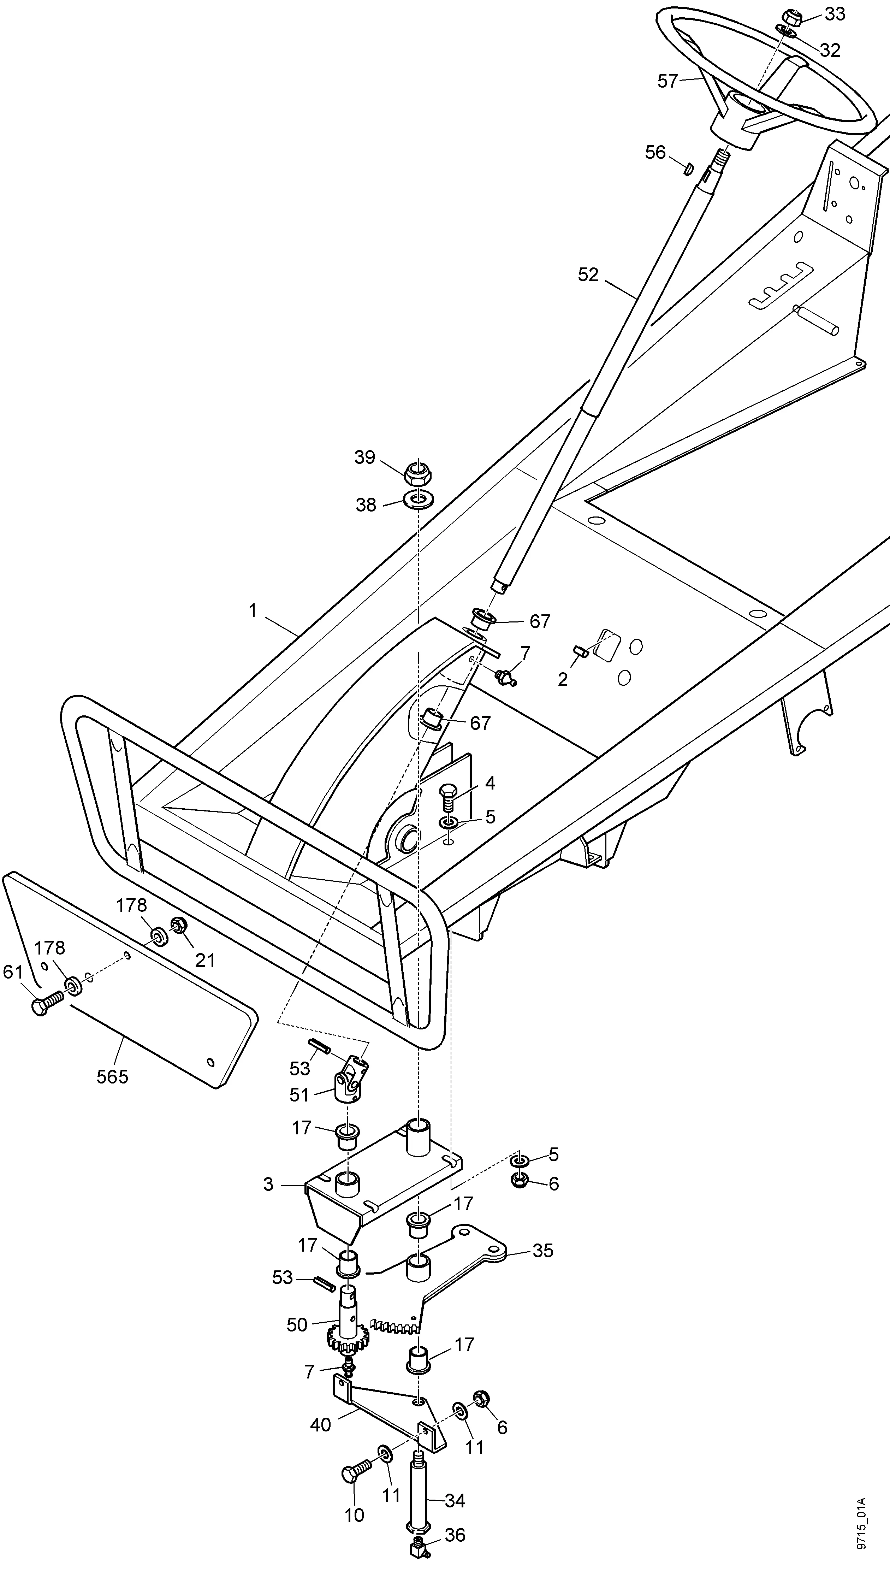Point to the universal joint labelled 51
pyautogui.click(x=350, y=1081)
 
